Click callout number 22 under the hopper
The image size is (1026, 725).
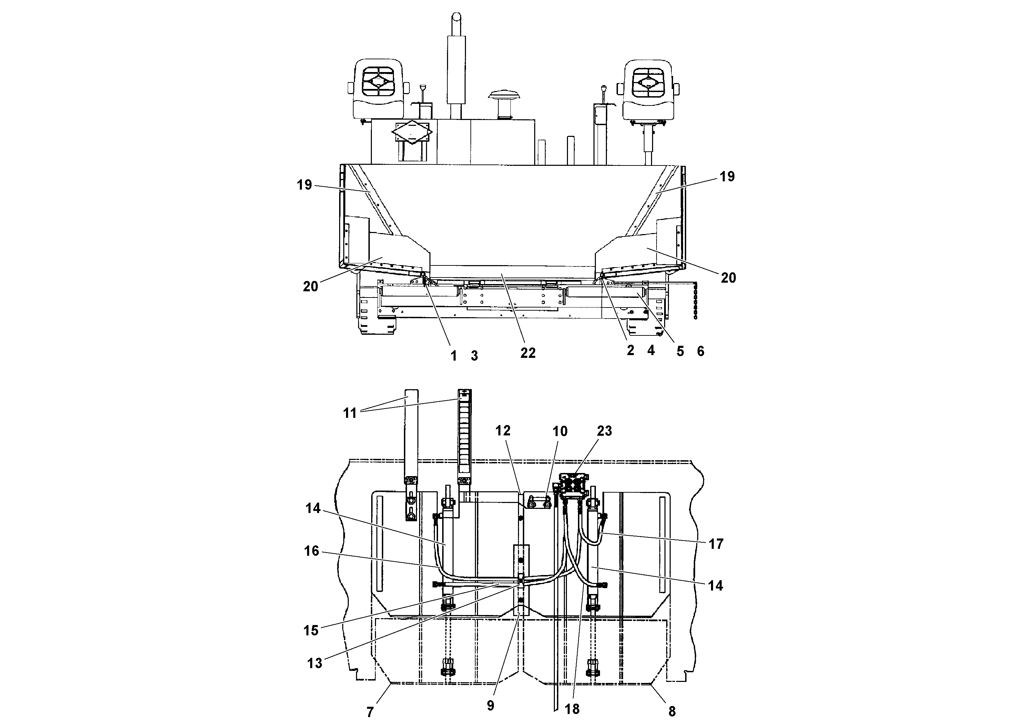(528, 353)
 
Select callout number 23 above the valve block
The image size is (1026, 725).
(604, 431)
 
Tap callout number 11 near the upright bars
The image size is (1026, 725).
(350, 413)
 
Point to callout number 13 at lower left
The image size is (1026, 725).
(315, 663)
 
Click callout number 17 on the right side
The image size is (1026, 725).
(716, 544)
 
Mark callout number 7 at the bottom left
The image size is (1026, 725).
(370, 712)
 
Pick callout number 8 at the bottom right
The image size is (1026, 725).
(672, 711)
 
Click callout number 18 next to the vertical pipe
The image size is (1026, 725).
(572, 709)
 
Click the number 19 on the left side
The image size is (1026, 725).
(304, 184)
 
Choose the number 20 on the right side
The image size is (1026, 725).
(728, 278)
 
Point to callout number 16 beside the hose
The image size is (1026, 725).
(312, 551)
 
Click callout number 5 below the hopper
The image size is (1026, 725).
(680, 351)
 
